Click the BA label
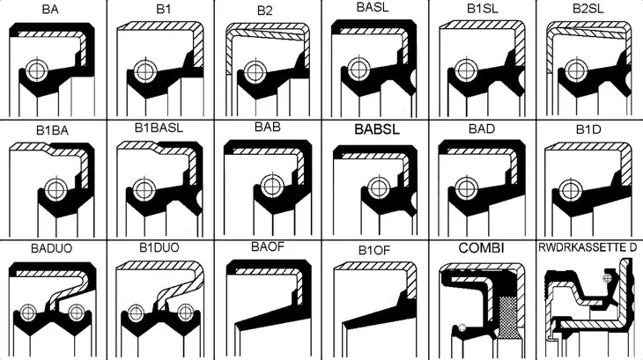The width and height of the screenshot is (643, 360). point(50,9)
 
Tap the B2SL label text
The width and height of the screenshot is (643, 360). point(588,9)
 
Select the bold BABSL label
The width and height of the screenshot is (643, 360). point(377,129)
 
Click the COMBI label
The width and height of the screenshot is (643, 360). point(482,248)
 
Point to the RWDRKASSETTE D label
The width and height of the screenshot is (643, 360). point(588,247)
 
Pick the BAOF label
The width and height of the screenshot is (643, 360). point(268,246)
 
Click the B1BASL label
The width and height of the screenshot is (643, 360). point(159,128)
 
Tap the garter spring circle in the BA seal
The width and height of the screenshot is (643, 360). point(37,70)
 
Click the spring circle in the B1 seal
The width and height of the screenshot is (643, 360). point(144,71)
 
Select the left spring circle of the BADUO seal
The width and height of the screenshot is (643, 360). point(28,312)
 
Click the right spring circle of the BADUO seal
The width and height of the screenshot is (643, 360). point(77,312)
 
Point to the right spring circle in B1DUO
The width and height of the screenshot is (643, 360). point(185,312)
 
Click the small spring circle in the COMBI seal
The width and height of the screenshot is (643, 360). point(462,327)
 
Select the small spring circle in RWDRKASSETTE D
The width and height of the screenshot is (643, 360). point(607,278)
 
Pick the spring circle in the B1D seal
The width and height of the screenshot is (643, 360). point(570,189)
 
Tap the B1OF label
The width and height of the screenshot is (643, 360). point(374,251)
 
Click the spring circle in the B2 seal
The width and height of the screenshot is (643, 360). point(254,72)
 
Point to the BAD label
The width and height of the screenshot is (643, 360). point(482,129)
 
